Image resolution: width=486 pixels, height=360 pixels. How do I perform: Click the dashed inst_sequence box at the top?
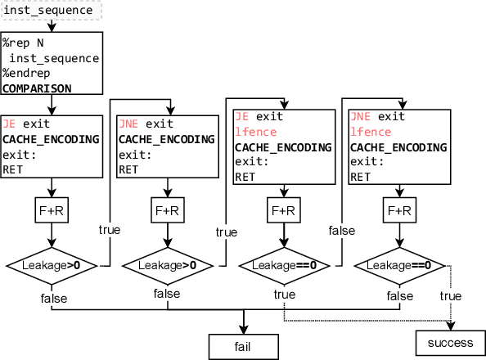[x=51, y=11]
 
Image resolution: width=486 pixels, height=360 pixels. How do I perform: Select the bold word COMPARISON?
[x=37, y=88]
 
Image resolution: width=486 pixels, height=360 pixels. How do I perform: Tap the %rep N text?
[x=23, y=44]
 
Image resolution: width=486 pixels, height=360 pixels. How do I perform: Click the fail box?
[x=241, y=347]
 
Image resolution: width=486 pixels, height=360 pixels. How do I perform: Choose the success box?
[x=449, y=343]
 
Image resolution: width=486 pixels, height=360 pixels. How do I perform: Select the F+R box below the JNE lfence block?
[x=398, y=210]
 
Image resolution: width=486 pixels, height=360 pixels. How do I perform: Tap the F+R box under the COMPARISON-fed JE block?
[x=52, y=210]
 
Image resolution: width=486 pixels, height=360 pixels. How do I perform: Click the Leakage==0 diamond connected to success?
[x=398, y=265]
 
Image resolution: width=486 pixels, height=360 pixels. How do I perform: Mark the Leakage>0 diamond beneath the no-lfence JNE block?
[x=167, y=265]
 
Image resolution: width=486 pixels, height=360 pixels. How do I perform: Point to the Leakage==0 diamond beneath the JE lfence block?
[x=284, y=265]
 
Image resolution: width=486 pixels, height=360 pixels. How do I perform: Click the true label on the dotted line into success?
[x=449, y=296]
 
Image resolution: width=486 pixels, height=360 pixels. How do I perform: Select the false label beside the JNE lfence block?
[x=341, y=231]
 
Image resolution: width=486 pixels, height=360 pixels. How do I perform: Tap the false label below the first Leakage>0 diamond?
[x=53, y=299]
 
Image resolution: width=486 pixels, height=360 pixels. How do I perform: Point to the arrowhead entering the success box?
[x=449, y=326]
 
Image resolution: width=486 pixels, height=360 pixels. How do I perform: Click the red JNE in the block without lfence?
[x=129, y=124]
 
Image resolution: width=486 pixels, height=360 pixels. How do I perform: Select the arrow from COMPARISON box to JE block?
[x=52, y=104]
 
